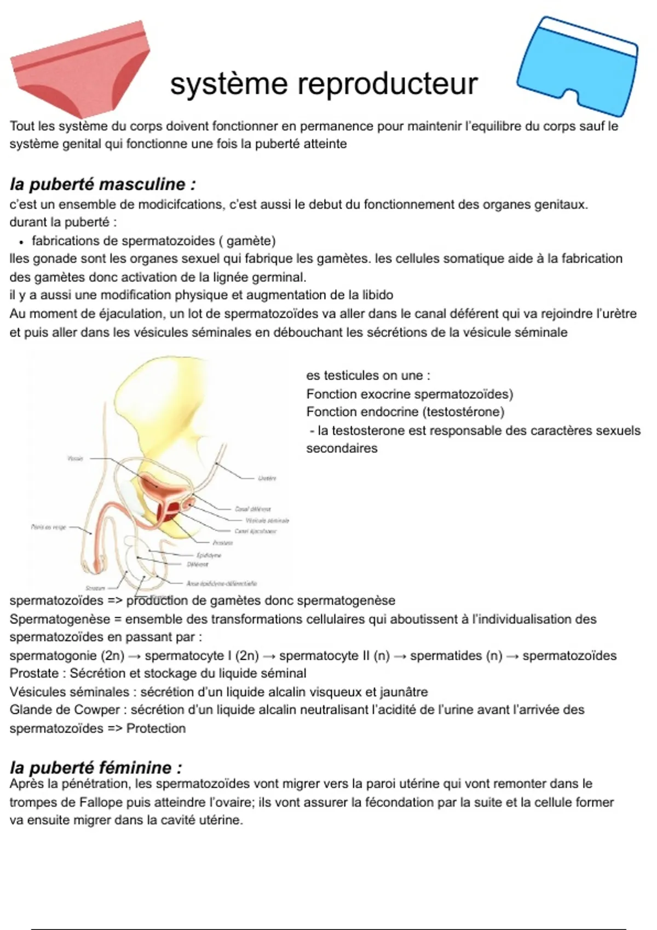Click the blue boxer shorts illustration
pos(577,66)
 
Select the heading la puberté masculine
pos(102,184)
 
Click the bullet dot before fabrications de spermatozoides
pos(20,242)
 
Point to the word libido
pos(378,295)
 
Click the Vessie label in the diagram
pos(75,458)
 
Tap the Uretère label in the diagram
pos(267,478)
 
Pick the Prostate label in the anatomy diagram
pos(223,543)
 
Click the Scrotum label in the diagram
pos(95,588)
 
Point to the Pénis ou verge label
pos(49,527)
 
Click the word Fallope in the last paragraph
pos(101,803)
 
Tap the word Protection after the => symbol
pos(156,729)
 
